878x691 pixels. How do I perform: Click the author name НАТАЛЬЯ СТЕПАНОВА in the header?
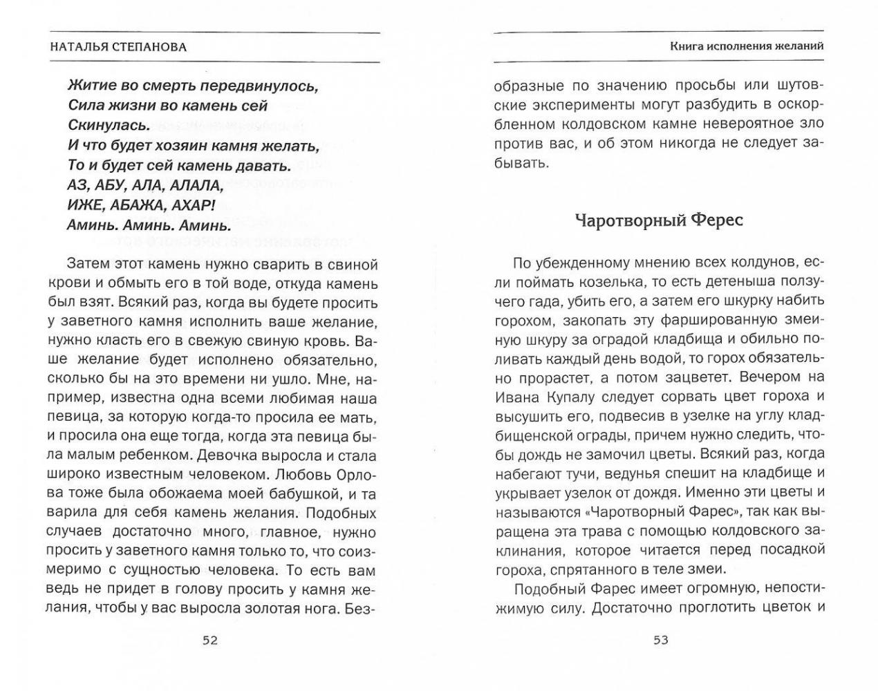(119, 47)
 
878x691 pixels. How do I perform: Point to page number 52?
(209, 640)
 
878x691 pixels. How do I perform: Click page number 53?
(661, 640)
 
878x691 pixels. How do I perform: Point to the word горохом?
(525, 320)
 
